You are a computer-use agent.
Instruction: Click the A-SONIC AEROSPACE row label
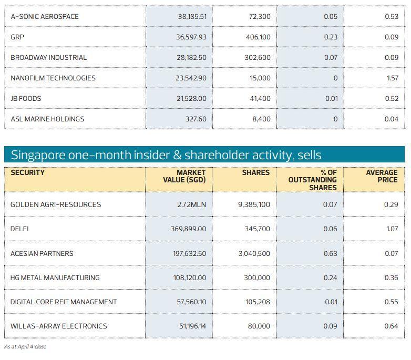pyautogui.click(x=45, y=17)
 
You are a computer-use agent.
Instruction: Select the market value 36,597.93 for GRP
pyautogui.click(x=191, y=37)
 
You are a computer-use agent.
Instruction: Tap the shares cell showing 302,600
pyautogui.click(x=258, y=57)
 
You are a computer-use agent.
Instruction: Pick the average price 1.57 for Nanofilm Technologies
pyautogui.click(x=392, y=78)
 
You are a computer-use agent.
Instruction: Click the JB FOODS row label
pyautogui.click(x=26, y=98)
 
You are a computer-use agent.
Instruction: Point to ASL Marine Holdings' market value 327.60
pyautogui.click(x=196, y=119)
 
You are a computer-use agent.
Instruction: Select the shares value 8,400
pyautogui.click(x=261, y=119)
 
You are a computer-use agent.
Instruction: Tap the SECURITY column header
pyautogui.click(x=27, y=172)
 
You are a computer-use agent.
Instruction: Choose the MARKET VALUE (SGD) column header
pyautogui.click(x=184, y=176)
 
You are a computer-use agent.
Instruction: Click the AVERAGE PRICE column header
pyautogui.click(x=382, y=176)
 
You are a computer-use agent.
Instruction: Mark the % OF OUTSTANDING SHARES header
pyautogui.click(x=312, y=180)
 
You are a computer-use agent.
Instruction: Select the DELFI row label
pyautogui.click(x=19, y=229)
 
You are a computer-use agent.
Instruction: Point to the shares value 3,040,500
pyautogui.click(x=254, y=253)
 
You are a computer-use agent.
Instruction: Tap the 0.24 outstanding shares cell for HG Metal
pyautogui.click(x=330, y=277)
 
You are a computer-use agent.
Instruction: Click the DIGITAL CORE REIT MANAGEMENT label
pyautogui.click(x=64, y=302)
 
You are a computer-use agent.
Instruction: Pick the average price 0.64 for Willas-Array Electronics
pyautogui.click(x=391, y=326)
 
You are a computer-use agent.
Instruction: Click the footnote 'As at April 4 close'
pyautogui.click(x=25, y=347)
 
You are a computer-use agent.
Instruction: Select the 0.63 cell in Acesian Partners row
pyautogui.click(x=330, y=253)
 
